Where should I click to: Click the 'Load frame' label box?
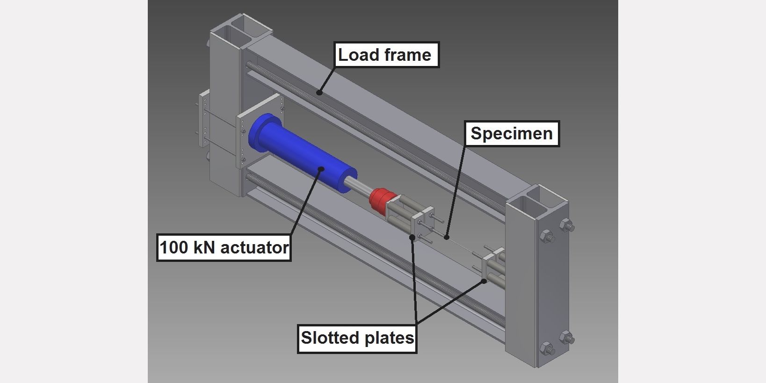tap(386, 55)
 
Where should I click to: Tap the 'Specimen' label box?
tap(512, 133)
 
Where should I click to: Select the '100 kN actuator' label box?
tap(224, 247)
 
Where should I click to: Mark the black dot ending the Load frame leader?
tap(319, 92)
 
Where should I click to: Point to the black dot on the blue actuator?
tap(321, 169)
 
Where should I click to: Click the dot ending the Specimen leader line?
tap(446, 237)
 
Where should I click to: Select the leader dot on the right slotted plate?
tap(484, 281)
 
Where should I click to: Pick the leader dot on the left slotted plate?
tap(412, 237)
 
